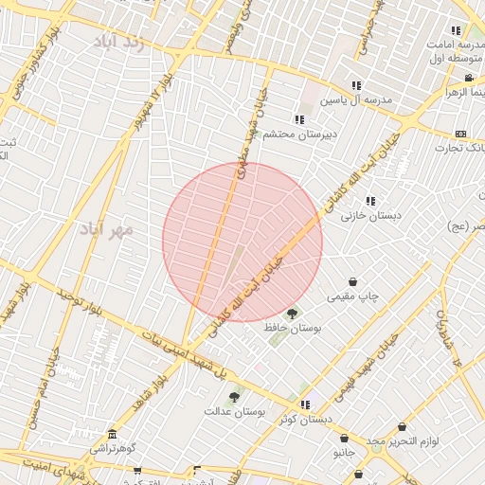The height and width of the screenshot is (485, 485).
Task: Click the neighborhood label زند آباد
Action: (119, 42)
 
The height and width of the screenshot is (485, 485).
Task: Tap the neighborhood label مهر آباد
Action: (106, 229)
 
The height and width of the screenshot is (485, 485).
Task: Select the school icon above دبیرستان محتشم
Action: (299, 119)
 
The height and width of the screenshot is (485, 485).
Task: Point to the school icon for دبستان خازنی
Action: (370, 200)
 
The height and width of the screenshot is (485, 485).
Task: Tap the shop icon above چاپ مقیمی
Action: (353, 281)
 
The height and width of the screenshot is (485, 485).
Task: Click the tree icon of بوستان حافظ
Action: (292, 314)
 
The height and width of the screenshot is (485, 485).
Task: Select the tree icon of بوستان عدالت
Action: (234, 398)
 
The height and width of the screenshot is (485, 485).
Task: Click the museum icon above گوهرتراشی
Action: (113, 433)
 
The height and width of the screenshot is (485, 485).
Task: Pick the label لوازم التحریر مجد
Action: (404, 442)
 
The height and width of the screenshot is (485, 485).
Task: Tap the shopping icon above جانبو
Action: (343, 438)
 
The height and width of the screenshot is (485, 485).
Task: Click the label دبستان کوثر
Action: (307, 419)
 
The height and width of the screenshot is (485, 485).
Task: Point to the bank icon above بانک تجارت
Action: (461, 134)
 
